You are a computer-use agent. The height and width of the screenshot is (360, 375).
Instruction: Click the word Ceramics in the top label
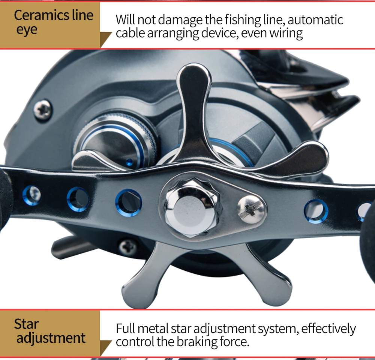pos(37,15)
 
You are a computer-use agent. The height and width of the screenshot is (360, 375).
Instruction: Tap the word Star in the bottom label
pos(26,324)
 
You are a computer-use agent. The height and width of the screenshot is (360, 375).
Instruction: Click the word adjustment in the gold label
pos(51,338)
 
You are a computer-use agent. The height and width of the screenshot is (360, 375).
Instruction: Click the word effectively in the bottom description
pos(328,328)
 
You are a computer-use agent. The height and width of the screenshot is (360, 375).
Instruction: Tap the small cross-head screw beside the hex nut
pos(251,208)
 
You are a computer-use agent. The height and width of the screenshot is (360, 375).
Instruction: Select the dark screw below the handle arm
pos(128,247)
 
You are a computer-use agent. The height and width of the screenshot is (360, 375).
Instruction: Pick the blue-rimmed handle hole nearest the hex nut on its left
pos(129,202)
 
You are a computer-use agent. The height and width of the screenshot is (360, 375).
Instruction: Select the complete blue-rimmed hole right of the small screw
pos(316,211)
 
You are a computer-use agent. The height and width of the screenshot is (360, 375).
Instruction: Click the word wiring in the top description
pos(286,33)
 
